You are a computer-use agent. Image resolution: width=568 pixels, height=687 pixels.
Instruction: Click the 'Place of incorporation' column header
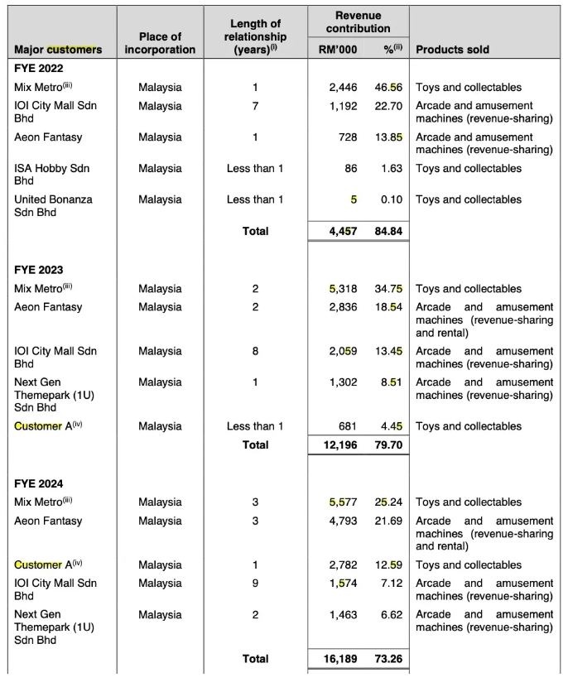(x=160, y=43)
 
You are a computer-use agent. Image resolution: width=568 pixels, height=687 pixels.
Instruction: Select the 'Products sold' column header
(x=452, y=50)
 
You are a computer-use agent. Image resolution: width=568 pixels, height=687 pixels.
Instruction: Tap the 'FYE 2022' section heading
(x=39, y=69)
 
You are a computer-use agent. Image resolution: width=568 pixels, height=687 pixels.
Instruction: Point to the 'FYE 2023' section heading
(x=39, y=270)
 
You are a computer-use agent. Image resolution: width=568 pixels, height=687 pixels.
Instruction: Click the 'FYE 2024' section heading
(x=39, y=483)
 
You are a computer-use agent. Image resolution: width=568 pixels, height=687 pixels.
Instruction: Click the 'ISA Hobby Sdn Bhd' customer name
(x=51, y=174)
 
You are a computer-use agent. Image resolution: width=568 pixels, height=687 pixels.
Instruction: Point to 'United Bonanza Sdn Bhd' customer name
(x=53, y=205)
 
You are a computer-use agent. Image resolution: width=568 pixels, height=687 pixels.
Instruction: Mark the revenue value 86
(x=350, y=168)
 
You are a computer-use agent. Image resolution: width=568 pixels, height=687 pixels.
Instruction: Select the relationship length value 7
(x=255, y=106)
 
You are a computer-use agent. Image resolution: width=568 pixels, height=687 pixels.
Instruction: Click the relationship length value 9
(x=255, y=583)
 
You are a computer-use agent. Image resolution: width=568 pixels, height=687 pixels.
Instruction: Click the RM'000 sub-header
(x=338, y=50)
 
